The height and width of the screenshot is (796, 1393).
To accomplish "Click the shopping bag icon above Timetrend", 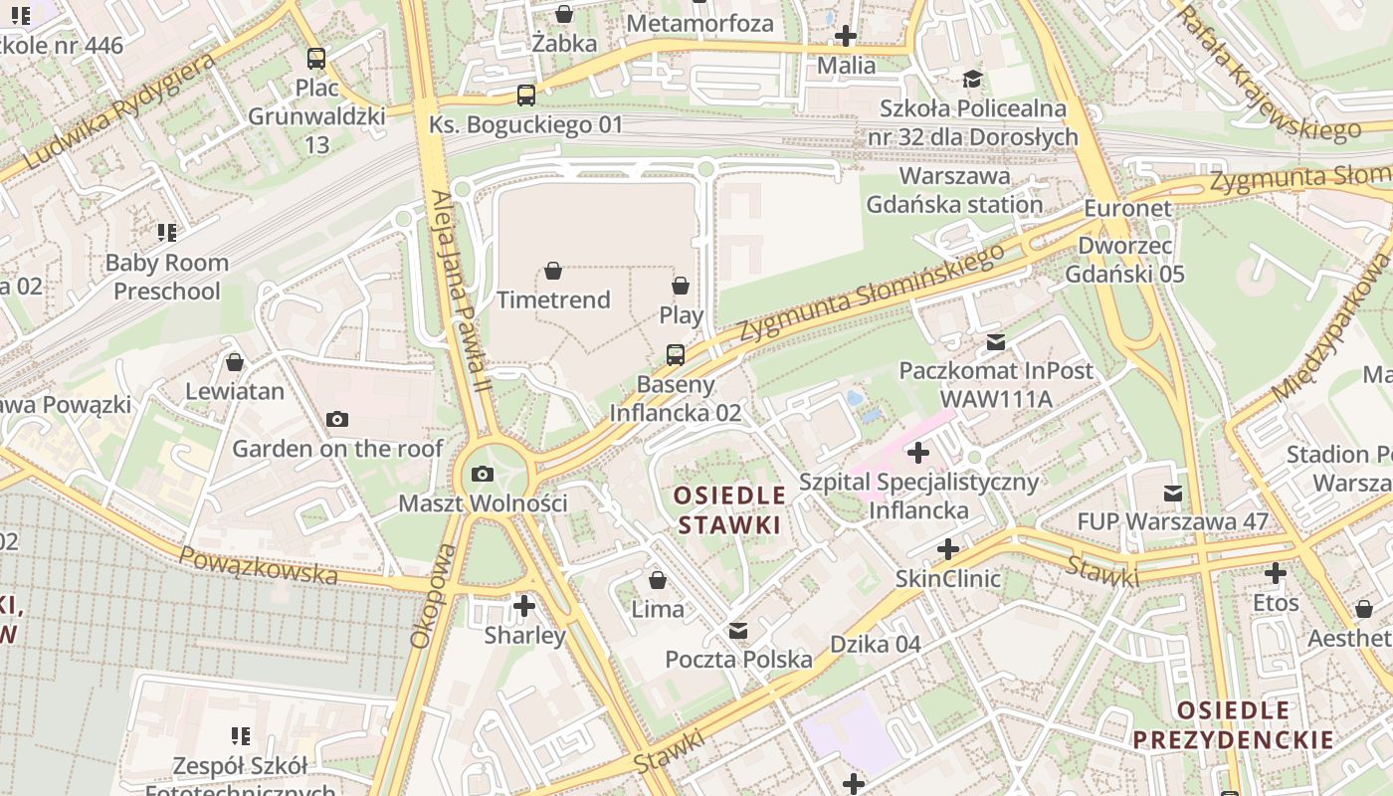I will click(553, 271).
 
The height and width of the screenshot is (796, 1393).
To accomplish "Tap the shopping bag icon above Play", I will click(681, 287).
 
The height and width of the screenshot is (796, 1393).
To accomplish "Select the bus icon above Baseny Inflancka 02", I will click(675, 355).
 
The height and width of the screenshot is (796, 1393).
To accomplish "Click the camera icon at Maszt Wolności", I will click(483, 474).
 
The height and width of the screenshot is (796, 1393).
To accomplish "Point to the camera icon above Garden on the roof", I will click(337, 420).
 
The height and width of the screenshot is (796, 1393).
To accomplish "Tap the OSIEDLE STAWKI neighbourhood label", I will click(730, 509).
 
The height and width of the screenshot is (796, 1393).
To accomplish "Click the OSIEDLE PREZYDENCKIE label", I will click(1233, 725).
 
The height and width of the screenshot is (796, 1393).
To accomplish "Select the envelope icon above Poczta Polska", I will click(738, 631).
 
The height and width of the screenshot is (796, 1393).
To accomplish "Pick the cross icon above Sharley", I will click(524, 605).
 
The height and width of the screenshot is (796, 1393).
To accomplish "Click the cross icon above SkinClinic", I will click(948, 549).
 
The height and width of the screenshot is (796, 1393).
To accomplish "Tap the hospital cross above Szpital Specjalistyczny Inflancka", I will click(917, 454).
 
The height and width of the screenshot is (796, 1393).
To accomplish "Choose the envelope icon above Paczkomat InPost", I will click(995, 342).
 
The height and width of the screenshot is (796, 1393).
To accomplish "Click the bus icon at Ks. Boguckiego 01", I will click(525, 96).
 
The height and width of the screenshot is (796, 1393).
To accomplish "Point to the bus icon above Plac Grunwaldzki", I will click(315, 59).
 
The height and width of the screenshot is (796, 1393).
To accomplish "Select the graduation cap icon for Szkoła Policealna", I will click(972, 79).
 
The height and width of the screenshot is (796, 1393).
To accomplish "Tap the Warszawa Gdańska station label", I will click(954, 190).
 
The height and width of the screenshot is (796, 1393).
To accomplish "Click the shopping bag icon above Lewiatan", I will click(235, 362).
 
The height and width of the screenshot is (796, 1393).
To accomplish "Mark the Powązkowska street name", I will click(260, 566).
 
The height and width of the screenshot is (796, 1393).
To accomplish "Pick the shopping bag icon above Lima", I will click(658, 580).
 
